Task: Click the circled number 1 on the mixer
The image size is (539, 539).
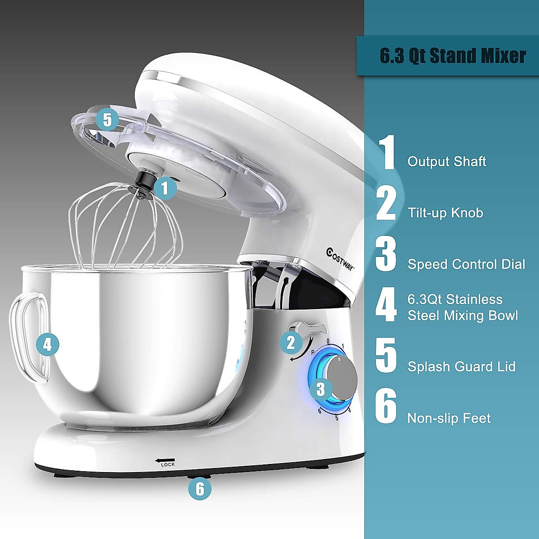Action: (165, 188)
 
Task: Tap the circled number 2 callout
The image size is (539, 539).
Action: (291, 343)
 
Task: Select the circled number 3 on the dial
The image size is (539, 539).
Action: (320, 389)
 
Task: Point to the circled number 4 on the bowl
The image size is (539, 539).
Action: (48, 345)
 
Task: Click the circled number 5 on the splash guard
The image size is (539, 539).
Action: (107, 119)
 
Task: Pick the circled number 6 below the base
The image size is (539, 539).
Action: (200, 488)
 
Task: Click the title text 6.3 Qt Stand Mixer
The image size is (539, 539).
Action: (453, 56)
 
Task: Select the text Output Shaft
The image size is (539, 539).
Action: (446, 162)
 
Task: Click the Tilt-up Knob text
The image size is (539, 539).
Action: (445, 212)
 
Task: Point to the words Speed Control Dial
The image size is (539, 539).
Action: (466, 264)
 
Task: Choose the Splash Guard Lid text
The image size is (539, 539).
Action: (461, 367)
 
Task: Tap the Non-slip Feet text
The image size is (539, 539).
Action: (449, 418)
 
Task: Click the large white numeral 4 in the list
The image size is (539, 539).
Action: (386, 306)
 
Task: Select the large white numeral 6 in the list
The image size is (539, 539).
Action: (386, 407)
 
